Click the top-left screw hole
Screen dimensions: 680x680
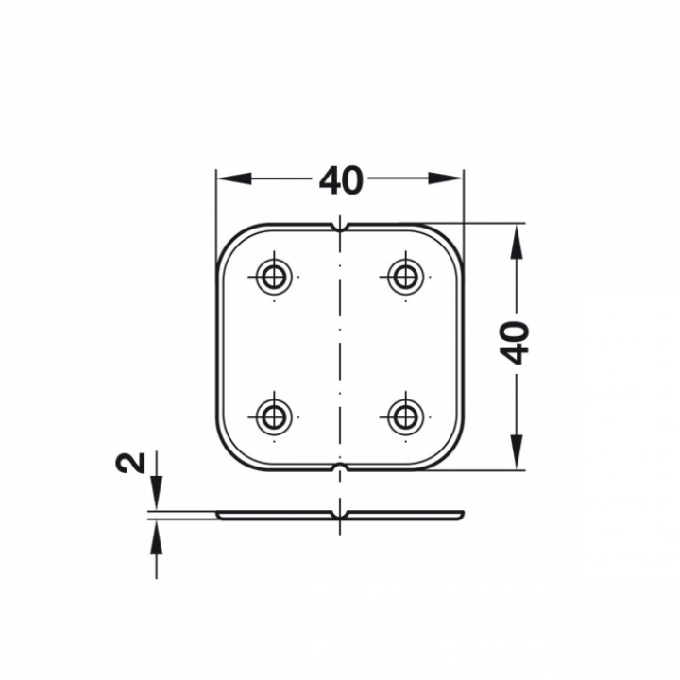274,276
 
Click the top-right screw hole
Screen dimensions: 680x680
406,276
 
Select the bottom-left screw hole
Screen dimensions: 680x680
274,417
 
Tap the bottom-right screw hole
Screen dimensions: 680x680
406,417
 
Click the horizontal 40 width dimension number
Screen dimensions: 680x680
340,179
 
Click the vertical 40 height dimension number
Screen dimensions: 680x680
516,342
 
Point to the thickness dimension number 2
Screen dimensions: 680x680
130,462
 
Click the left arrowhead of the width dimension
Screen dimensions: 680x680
234,178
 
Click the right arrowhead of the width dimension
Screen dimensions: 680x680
446,178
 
